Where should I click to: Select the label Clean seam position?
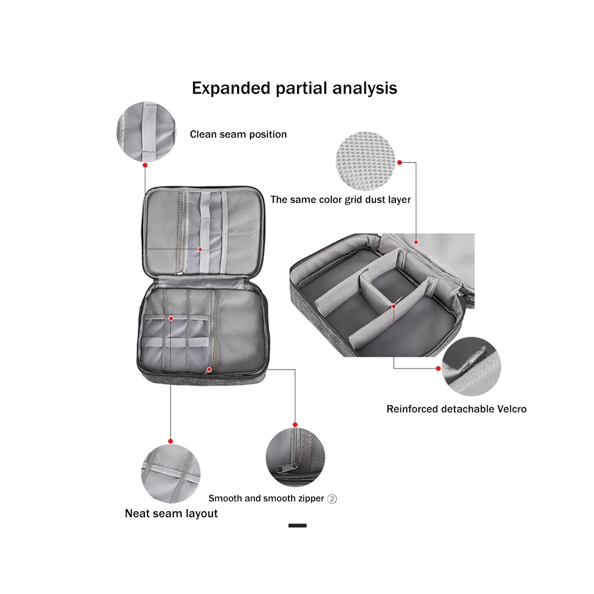tap(238, 134)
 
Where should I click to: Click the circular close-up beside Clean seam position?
tap(146, 132)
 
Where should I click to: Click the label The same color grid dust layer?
tap(341, 199)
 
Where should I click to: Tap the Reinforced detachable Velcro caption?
tap(456, 409)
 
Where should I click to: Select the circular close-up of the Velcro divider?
tap(471, 367)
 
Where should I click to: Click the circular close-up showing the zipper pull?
tap(295, 457)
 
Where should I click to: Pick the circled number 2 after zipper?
tap(332, 499)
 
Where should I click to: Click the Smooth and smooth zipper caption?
tap(266, 498)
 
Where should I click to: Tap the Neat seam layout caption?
tap(171, 513)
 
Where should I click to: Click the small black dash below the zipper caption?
tap(297, 525)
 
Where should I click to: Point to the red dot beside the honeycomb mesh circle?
tap(399, 162)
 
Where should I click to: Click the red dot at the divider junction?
tap(394, 306)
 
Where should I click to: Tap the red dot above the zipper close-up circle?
tap(295, 425)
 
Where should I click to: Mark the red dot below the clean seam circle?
tap(145, 165)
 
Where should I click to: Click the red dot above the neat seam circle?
tap(170, 441)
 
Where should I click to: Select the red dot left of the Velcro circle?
tap(439, 368)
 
